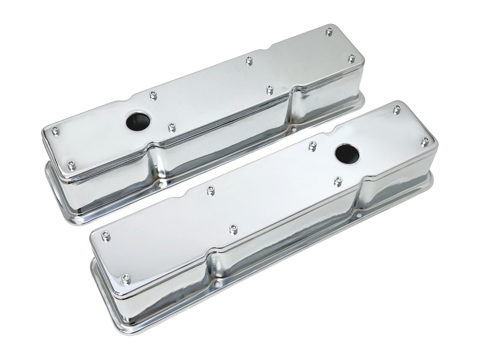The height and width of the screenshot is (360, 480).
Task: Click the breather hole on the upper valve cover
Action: pos(138,121)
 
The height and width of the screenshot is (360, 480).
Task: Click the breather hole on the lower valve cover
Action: pos(347,154)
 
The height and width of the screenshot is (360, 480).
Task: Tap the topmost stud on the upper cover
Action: pos(328,31)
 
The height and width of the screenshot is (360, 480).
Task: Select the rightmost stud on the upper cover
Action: pos(351,58)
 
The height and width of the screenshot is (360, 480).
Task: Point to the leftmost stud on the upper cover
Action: pos(54,130)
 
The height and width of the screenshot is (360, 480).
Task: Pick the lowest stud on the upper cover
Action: pos(71,164)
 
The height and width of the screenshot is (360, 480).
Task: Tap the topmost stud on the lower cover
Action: pos(396,108)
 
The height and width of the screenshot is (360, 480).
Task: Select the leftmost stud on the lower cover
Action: pos(105,235)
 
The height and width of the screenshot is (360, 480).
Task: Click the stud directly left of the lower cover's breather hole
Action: pos(312,145)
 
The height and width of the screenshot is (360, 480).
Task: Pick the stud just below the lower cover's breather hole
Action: pos(337,180)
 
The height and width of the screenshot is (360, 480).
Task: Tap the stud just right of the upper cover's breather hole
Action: pos(171,127)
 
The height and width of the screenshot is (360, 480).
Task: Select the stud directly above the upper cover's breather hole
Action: pos(153,95)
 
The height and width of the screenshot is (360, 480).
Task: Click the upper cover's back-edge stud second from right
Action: pos(249,61)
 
